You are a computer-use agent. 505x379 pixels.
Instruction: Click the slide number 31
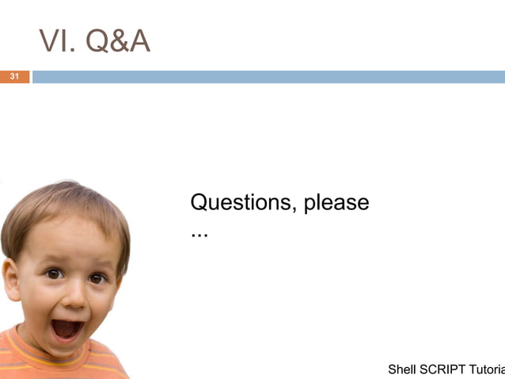pos(13,77)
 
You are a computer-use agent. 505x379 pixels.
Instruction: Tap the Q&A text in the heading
pos(118,42)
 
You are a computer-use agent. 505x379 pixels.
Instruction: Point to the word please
pos(336,204)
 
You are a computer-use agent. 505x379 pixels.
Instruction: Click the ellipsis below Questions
pos(199,235)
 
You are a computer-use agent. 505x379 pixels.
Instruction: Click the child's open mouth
pos(66,327)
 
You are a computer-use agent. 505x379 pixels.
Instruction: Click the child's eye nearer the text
pos(97,278)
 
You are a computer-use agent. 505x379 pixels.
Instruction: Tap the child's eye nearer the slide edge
pos(54,274)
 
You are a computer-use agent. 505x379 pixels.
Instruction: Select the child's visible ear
pos(11,279)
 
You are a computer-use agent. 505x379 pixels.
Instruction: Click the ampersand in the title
pos(118,42)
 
